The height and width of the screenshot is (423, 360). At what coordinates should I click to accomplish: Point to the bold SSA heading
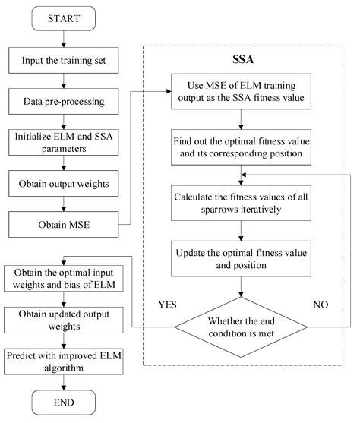242,57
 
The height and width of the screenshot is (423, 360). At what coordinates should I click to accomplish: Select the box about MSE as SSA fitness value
242,90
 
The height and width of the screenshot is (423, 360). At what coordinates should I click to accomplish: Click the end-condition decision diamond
242,327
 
